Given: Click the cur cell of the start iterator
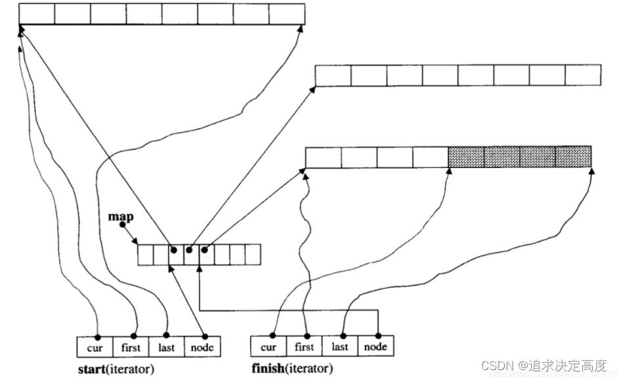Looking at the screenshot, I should (95, 346).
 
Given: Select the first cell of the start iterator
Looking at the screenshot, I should (131, 346).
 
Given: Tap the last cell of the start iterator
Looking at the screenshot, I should (167, 346).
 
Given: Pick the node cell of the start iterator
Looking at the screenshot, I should (202, 346).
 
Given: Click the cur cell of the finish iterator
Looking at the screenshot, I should (268, 346).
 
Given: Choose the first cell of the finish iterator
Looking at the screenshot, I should (305, 346).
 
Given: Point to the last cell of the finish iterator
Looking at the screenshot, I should (340, 346).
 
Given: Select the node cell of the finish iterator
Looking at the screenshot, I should (376, 346).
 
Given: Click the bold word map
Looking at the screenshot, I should (120, 215).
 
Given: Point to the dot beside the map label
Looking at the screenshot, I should (122, 225).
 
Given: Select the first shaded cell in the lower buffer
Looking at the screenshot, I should (465, 157).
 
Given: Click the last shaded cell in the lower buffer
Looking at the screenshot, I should (573, 157).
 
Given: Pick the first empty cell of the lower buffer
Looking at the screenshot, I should (323, 157).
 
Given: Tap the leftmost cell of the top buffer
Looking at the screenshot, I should (37, 14).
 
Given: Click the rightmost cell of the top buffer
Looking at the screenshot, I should (287, 14).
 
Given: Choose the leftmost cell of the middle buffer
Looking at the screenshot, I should (333, 75).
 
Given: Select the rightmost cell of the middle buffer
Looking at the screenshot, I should (583, 75).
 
